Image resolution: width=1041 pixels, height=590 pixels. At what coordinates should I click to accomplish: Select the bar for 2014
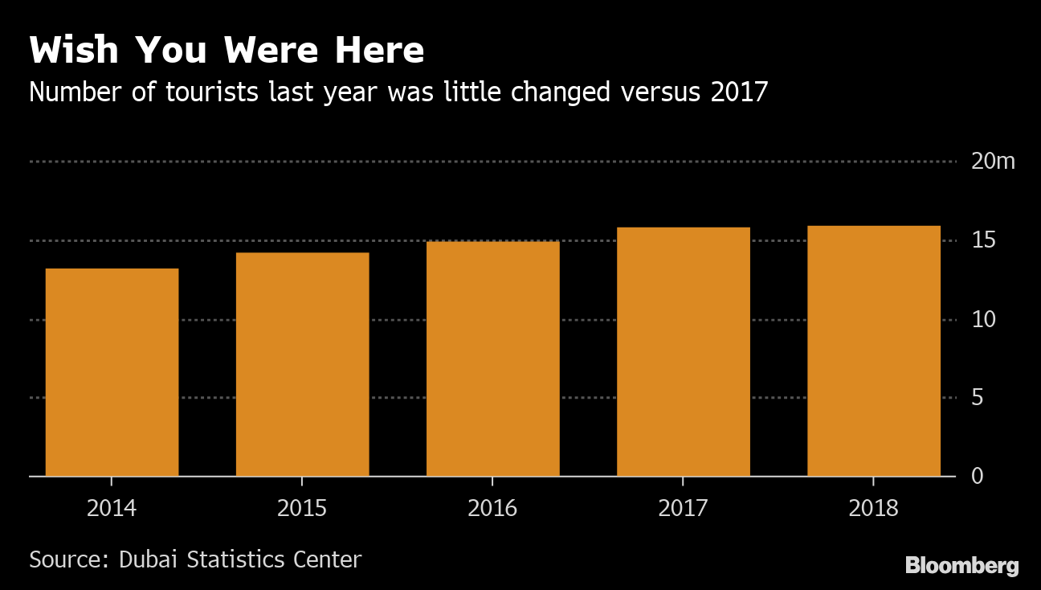point(112,372)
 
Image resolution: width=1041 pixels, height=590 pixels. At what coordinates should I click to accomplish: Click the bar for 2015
point(302,364)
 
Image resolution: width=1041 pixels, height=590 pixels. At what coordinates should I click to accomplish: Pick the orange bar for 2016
point(492,359)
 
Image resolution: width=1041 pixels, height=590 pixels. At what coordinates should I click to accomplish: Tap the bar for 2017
point(683,351)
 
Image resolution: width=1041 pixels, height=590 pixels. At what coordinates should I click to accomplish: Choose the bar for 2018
point(873,350)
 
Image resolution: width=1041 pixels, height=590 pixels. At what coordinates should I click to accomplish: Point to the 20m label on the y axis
point(993,162)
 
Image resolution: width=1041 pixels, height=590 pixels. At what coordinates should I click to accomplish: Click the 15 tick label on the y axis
point(983,240)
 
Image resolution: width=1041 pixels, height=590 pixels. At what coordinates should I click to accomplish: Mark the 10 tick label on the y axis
point(983,319)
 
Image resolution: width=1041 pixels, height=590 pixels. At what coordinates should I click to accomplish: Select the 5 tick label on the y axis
point(977,398)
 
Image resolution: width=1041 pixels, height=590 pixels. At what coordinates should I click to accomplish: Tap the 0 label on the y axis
point(977,477)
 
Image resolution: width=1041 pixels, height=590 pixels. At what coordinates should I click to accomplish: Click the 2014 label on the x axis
point(112,509)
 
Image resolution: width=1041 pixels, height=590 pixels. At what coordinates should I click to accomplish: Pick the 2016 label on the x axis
point(492,509)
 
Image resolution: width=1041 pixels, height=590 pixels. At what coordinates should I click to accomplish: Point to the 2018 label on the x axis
point(873,509)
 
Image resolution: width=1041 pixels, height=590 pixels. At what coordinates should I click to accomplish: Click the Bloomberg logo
point(961,566)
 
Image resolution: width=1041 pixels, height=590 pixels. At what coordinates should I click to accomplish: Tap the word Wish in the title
point(74,51)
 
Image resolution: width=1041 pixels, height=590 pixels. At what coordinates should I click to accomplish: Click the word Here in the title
point(380,51)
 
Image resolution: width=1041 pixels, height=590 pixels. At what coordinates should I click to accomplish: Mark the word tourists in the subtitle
point(212,92)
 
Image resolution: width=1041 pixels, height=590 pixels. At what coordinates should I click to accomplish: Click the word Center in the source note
point(327,559)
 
